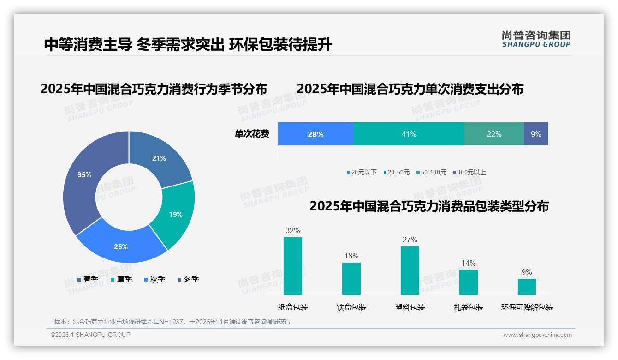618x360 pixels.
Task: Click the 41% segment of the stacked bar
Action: (409, 134)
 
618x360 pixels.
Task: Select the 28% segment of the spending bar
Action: (315, 134)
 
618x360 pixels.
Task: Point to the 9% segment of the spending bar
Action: (536, 134)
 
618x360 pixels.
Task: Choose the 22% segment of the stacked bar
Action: (494, 134)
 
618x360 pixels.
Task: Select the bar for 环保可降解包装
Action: (527, 287)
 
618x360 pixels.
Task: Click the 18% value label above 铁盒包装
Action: (351, 256)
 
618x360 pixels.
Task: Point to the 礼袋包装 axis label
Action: (469, 307)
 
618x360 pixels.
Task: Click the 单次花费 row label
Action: (252, 134)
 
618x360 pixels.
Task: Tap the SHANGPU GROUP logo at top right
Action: (536, 39)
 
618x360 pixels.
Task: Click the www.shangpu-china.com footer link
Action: (537, 335)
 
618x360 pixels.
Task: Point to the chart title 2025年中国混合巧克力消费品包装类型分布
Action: (429, 206)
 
